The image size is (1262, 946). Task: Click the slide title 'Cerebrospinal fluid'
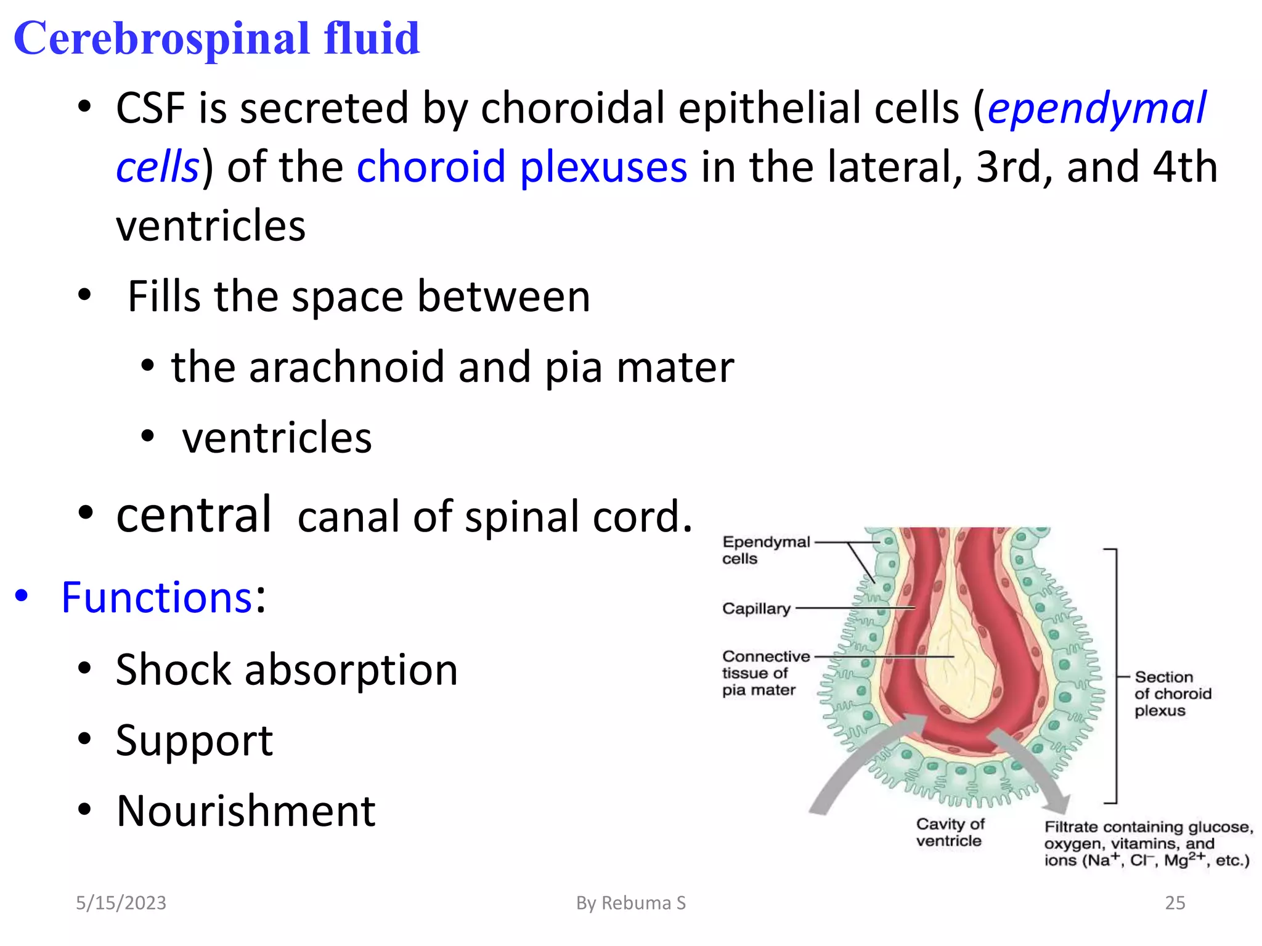216,38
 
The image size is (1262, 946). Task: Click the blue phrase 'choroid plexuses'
521,167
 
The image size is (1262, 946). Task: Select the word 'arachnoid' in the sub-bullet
346,367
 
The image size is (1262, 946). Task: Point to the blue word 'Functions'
157,597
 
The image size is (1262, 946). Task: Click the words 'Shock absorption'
287,669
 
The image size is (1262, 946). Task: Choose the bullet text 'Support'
194,740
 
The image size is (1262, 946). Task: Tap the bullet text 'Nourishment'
246,811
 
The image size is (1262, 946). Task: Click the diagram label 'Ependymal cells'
765,550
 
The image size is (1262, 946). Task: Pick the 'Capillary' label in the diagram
756,608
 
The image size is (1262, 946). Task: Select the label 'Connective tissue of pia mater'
765,673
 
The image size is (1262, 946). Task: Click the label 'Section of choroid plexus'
1172,693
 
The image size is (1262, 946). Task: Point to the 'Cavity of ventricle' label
950,833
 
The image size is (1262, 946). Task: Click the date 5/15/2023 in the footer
121,903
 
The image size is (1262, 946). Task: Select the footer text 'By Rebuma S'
630,903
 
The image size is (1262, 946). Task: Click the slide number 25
1174,903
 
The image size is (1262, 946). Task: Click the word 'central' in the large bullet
193,515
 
